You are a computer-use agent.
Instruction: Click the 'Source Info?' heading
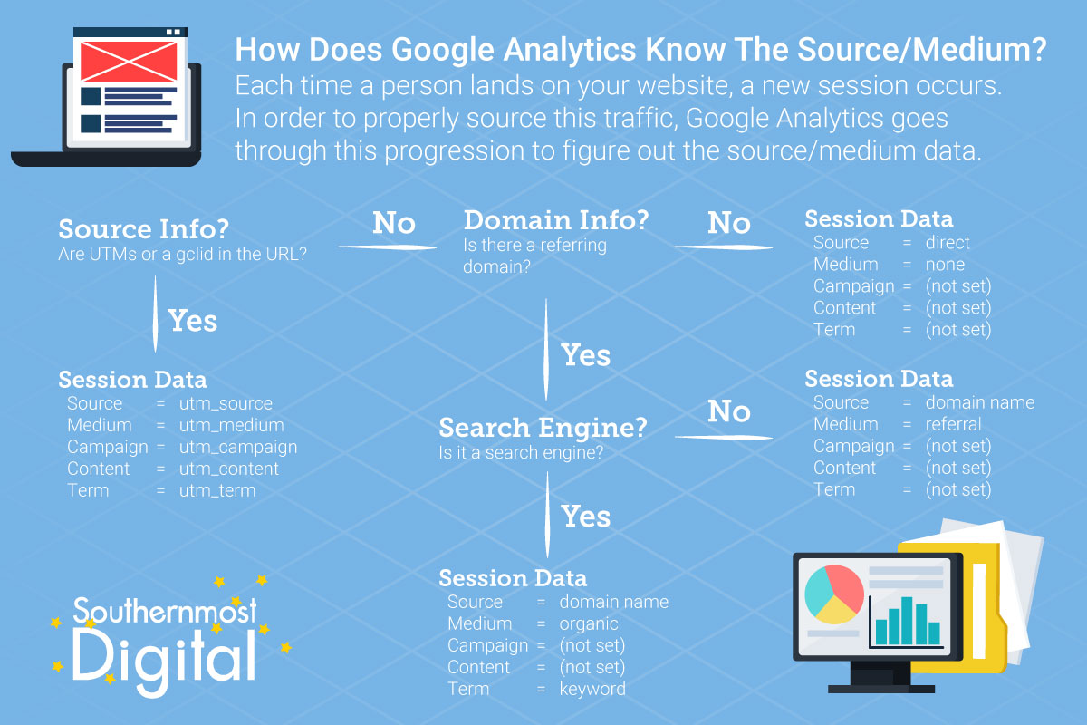click(x=143, y=228)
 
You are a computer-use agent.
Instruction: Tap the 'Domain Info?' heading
click(x=556, y=220)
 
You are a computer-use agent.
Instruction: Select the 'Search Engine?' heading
click(x=543, y=428)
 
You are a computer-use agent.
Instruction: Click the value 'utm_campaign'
click(x=238, y=448)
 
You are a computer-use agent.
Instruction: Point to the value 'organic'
click(x=589, y=624)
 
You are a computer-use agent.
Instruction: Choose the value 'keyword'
click(x=592, y=689)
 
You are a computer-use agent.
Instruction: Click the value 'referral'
click(x=953, y=424)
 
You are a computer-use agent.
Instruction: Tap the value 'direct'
click(x=948, y=242)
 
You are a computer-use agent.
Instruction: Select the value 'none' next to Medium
click(x=945, y=265)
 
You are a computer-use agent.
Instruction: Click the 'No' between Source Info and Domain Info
click(x=393, y=223)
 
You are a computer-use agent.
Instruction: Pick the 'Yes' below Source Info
click(x=193, y=321)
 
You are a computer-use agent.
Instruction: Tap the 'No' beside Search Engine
click(x=729, y=411)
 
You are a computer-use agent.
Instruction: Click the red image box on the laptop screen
click(x=129, y=62)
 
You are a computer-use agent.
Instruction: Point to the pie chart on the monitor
click(x=833, y=594)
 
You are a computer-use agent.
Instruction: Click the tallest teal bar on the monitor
click(x=907, y=621)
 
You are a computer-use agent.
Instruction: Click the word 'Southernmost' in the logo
click(x=165, y=611)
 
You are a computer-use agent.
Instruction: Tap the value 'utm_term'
click(x=217, y=490)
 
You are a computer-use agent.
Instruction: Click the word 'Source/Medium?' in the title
click(x=922, y=51)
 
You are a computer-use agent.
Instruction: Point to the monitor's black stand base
click(x=880, y=689)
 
